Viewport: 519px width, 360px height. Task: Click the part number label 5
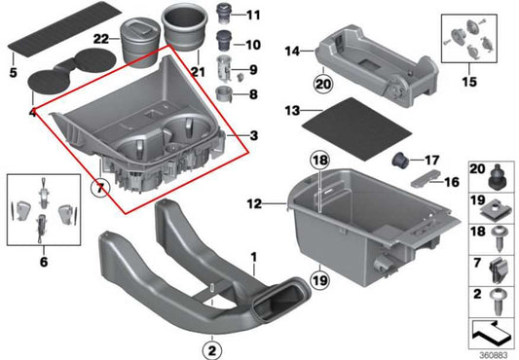[x=13, y=71]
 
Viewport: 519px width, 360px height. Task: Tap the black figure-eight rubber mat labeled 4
[x=61, y=77]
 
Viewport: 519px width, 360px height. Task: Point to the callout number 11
[x=253, y=15]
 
